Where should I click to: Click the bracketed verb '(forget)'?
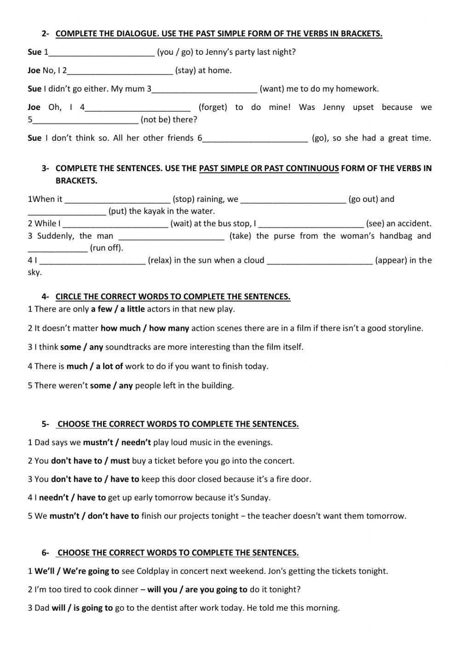point(213,107)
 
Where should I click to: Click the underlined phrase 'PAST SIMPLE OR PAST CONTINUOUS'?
point(269,168)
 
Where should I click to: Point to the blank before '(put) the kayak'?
point(67,212)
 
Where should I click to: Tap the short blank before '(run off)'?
point(57,248)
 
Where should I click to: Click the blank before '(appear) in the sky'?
point(319,261)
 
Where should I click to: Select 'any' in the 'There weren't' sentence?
point(126,386)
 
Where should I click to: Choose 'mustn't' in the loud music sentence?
point(97,443)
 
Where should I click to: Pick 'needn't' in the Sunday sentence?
point(54,498)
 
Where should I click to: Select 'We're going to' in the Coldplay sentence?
point(91,571)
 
